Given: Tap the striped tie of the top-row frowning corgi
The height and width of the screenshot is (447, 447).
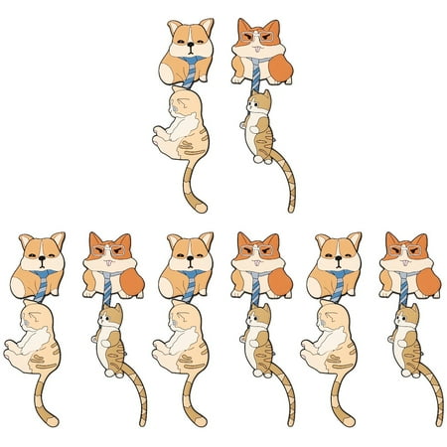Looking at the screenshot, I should pyautogui.click(x=255, y=75).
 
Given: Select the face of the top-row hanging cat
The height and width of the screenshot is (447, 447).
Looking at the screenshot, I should pyautogui.click(x=261, y=103).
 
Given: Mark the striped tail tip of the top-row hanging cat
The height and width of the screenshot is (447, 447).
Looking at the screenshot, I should pyautogui.click(x=289, y=209).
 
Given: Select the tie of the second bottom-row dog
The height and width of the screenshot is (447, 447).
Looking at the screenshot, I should pyautogui.click(x=107, y=291).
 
